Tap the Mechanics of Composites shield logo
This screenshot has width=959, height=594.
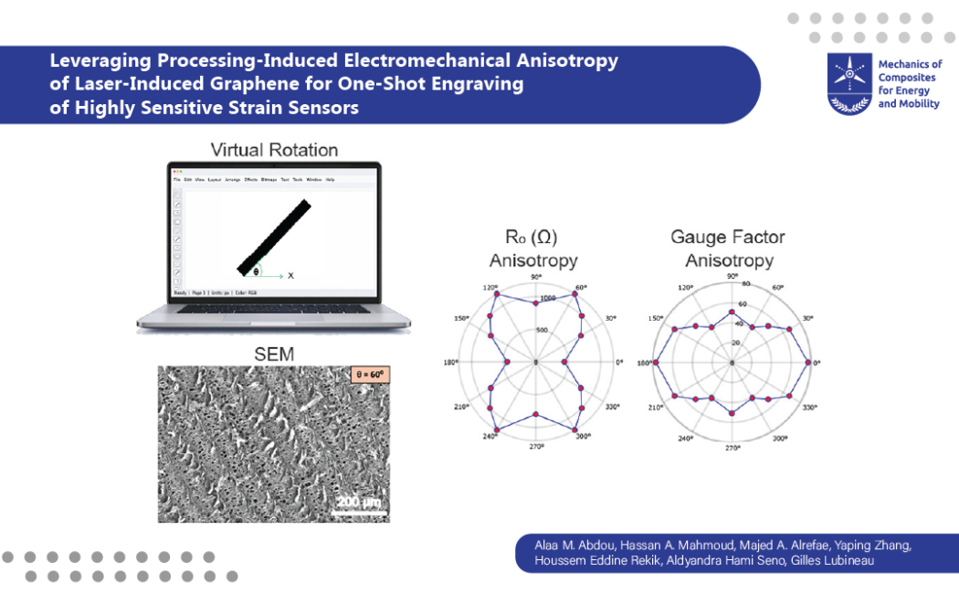point(848,83)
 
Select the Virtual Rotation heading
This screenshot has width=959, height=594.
point(274,150)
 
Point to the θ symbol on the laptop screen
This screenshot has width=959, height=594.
point(257,271)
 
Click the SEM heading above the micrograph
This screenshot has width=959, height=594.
point(273,355)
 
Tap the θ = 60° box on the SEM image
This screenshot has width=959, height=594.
point(369,375)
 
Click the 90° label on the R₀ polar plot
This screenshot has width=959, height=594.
point(537,279)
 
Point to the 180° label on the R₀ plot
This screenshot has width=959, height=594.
point(450,363)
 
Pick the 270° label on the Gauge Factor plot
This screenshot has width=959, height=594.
point(732,448)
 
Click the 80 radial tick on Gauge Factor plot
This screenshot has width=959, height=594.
point(745,284)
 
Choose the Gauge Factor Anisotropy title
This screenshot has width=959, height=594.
point(728,249)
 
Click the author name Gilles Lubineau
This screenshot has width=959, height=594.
point(841,560)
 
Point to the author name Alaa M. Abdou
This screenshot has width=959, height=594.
point(570,546)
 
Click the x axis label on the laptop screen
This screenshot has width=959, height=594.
point(290,274)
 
